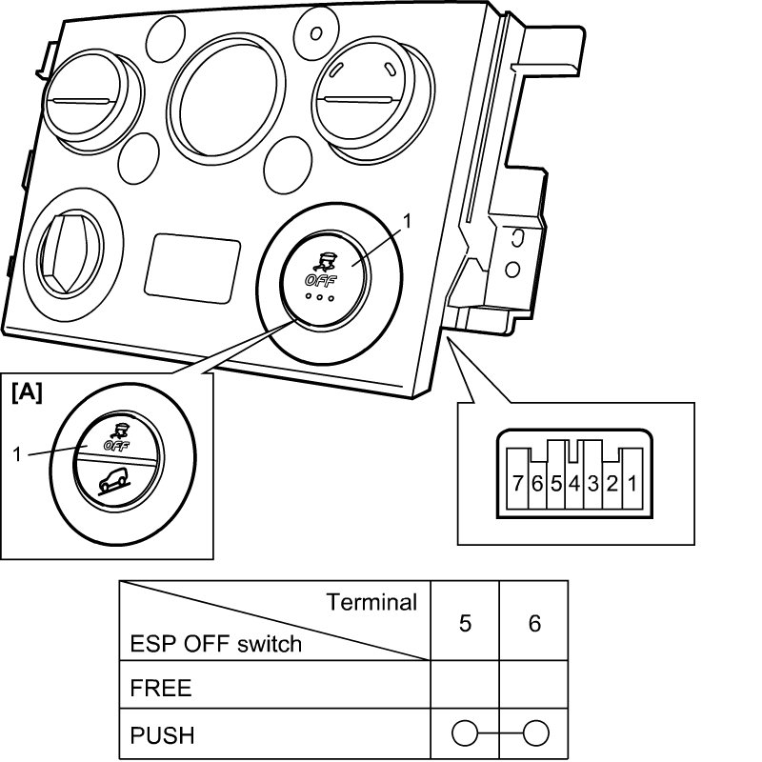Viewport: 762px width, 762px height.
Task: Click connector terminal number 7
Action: coord(517,484)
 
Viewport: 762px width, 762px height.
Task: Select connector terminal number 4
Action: coord(574,484)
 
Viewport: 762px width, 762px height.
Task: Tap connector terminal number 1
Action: coord(632,484)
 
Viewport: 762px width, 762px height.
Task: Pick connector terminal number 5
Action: coord(556,484)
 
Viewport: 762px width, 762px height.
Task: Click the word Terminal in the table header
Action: coord(371,602)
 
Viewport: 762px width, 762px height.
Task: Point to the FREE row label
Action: coord(161,688)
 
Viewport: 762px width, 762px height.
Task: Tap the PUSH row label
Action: coord(162,735)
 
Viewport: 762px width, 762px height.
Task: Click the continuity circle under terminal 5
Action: coord(465,732)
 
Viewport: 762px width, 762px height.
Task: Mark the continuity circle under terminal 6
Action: coord(536,732)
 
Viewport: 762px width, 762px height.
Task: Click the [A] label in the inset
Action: coord(28,391)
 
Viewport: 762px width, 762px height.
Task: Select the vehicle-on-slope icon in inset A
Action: coord(114,481)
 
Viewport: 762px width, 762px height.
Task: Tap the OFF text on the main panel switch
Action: coord(320,280)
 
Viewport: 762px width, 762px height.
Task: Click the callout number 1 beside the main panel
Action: coord(407,222)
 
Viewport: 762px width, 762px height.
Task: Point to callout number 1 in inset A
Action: coord(17,454)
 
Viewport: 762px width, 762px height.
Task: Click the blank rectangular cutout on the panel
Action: coord(193,269)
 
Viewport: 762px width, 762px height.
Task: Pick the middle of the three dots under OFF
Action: coord(319,296)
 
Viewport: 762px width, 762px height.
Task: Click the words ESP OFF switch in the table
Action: coord(216,644)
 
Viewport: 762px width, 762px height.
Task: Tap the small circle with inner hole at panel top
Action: coord(316,33)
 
